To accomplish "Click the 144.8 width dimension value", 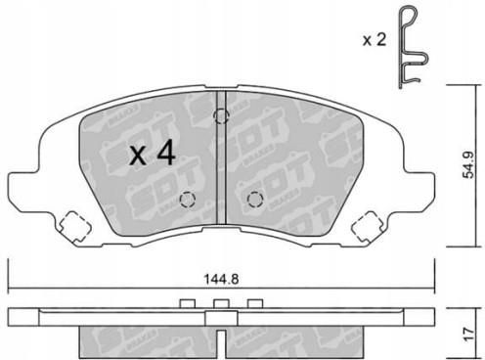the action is tap(221, 279).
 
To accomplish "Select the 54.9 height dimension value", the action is tap(468, 164).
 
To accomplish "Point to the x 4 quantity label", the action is tap(153, 155).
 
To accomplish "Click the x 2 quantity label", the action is tap(375, 40).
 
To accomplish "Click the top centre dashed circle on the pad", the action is tap(222, 116).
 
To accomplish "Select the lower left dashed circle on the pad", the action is tap(188, 199).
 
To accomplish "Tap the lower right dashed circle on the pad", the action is tap(255, 200).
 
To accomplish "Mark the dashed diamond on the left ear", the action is tap(74, 227).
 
